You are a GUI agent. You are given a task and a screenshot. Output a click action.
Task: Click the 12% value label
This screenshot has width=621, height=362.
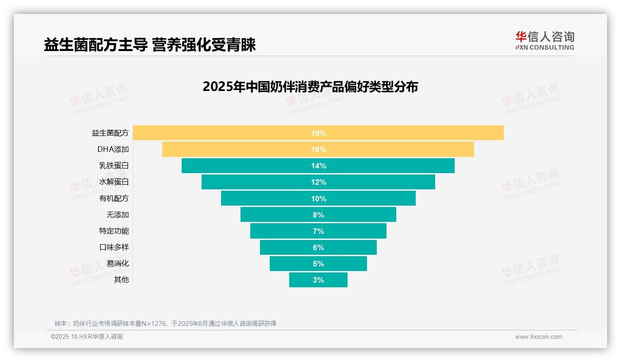pyautogui.click(x=318, y=182)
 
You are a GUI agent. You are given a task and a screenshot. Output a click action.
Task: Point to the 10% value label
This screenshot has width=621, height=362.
pyautogui.click(x=318, y=199)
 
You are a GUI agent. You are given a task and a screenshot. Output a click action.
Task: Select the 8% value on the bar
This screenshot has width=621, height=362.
pyautogui.click(x=318, y=215)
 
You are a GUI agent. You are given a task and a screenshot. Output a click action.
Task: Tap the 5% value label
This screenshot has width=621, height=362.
pyautogui.click(x=318, y=264)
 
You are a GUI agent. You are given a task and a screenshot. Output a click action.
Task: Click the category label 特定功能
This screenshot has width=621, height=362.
pyautogui.click(x=114, y=231)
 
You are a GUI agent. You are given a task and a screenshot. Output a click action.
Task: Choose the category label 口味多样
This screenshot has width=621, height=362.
pyautogui.click(x=114, y=247)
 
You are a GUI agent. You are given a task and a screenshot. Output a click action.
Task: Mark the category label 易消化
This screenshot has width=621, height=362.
pyautogui.click(x=118, y=263)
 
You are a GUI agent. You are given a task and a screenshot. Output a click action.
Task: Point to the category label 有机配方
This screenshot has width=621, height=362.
pyautogui.click(x=114, y=198)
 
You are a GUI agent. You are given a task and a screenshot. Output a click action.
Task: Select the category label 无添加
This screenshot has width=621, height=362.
pyautogui.click(x=118, y=214)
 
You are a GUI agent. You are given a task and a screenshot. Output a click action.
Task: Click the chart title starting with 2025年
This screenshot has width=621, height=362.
pyautogui.click(x=310, y=87)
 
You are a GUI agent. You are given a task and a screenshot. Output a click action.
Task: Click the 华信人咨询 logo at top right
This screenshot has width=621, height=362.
pyautogui.click(x=545, y=40)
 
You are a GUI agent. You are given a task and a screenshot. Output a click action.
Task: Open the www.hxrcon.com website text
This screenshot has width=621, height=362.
pyautogui.click(x=539, y=337)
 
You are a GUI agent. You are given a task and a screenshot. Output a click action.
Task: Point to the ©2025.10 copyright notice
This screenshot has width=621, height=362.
pyautogui.click(x=87, y=337)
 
